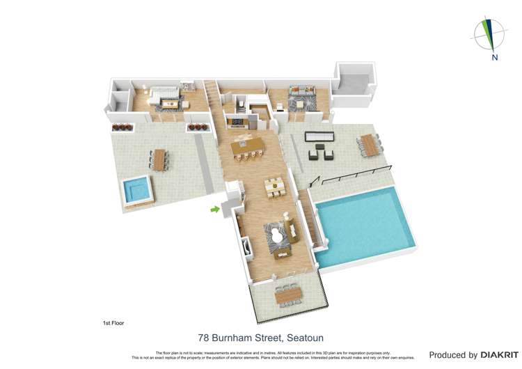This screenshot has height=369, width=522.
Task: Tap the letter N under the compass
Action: click(494, 57)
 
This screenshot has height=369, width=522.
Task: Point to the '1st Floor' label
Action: click(113, 323)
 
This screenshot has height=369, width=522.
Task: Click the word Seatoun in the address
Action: click(304, 338)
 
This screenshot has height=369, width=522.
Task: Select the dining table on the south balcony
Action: click(287, 296)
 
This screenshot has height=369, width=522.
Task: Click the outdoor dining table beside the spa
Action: click(161, 159)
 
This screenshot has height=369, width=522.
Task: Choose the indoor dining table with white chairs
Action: click(274, 187)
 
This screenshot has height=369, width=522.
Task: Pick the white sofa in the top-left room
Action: click(164, 92)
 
